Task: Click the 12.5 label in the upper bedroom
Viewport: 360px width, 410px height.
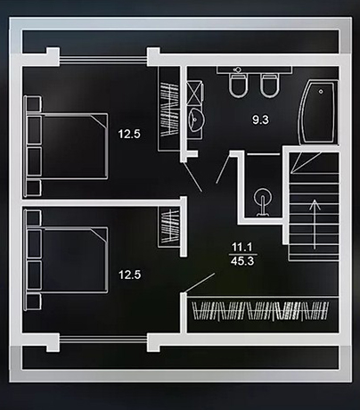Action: [x=129, y=134]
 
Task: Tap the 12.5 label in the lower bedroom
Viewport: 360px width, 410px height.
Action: [x=129, y=275]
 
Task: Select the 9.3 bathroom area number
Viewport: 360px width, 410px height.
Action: [x=260, y=119]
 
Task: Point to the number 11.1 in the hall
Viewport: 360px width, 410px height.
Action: [x=242, y=247]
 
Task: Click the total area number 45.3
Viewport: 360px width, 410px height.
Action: [x=242, y=261]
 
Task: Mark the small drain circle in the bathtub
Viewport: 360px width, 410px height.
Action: [x=321, y=92]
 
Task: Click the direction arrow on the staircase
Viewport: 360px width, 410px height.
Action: [x=315, y=225]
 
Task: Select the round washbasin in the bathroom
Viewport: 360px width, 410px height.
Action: [x=195, y=119]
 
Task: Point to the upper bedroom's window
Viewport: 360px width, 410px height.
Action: [x=103, y=60]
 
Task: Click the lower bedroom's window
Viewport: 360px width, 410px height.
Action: [x=103, y=339]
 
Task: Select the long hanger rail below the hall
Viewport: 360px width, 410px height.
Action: [x=260, y=311]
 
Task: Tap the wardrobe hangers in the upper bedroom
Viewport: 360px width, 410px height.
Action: [x=169, y=109]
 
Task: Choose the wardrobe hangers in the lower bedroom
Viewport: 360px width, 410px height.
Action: [x=170, y=225]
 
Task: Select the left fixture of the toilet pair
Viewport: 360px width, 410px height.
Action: [x=239, y=86]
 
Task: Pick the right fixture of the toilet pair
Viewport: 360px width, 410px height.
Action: [x=270, y=86]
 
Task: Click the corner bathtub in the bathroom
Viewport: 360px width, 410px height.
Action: [x=317, y=112]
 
